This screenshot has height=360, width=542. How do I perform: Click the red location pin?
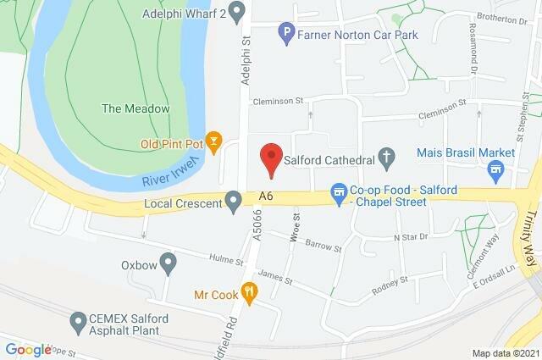click(270, 158)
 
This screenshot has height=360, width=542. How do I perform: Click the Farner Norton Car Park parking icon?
click(287, 34)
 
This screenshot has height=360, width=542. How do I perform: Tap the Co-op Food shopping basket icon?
click(338, 192)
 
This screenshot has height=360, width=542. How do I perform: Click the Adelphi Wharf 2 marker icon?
click(237, 12)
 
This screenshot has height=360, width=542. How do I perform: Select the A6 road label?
click(267, 196)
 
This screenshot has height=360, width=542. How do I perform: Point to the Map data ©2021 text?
click(506, 352)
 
